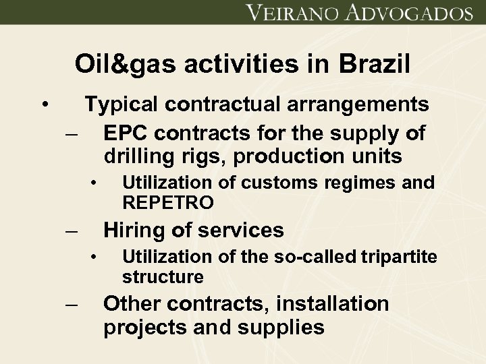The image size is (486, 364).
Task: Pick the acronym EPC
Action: tap(124, 133)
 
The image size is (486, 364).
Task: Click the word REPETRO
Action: tap(168, 202)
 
